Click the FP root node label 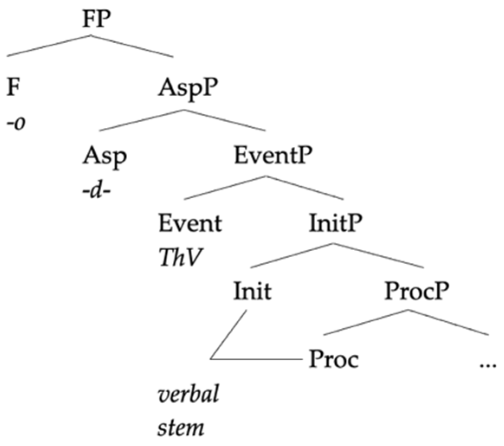pyautogui.click(x=91, y=20)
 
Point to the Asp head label pyautogui.click(x=105, y=156)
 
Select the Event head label pyautogui.click(x=191, y=224)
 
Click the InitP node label pyautogui.click(x=336, y=224)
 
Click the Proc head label pyautogui.click(x=334, y=360)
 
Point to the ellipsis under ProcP pyautogui.click(x=487, y=363)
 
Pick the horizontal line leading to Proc pyautogui.click(x=255, y=359)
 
